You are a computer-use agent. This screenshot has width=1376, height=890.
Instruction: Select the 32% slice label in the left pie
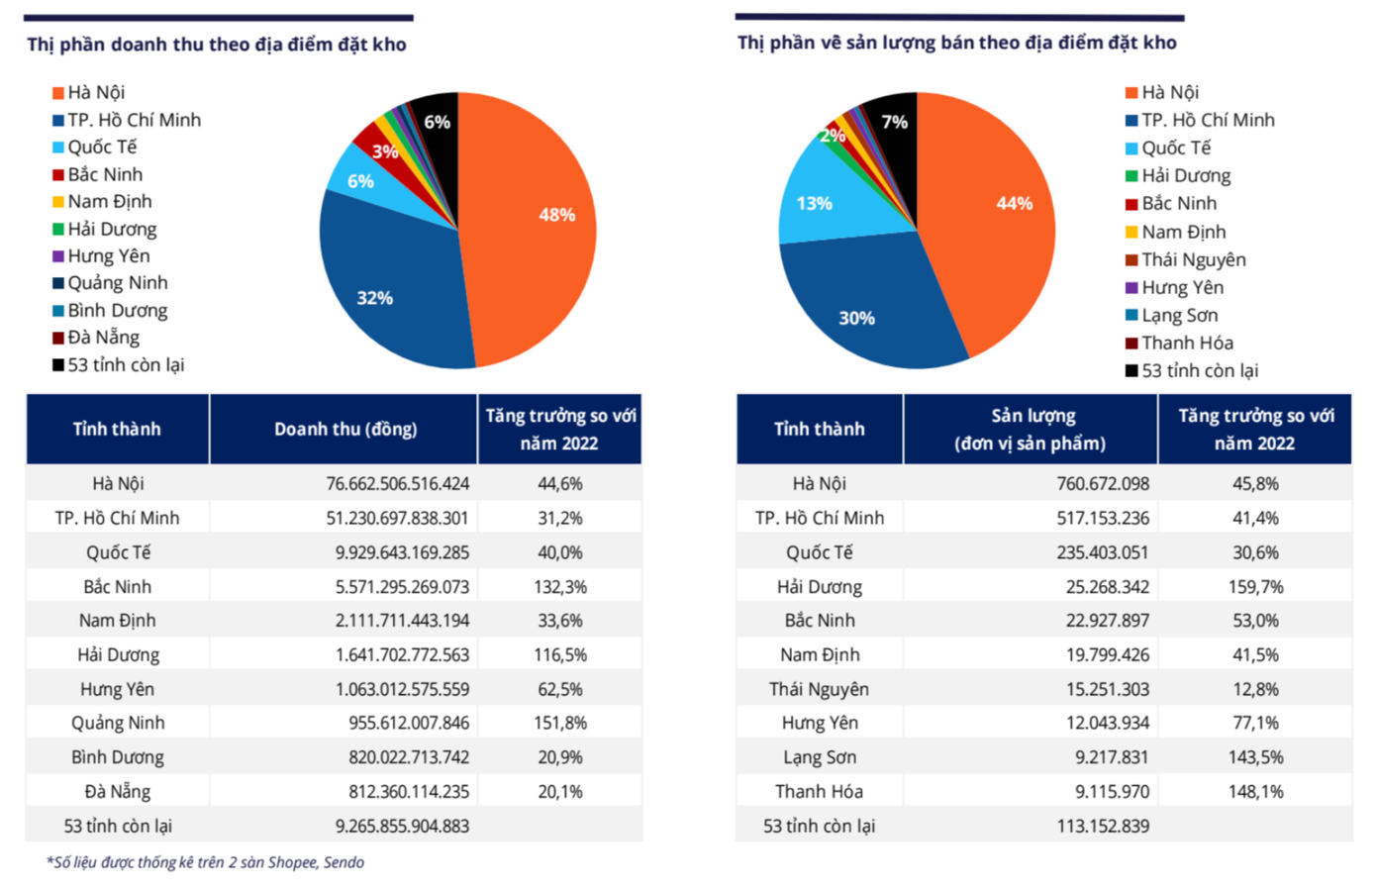375,298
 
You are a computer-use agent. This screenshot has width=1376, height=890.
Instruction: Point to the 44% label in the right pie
1015,203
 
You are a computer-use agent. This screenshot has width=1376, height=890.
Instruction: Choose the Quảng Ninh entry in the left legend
117,283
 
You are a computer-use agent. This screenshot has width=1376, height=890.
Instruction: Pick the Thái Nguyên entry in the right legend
1193,259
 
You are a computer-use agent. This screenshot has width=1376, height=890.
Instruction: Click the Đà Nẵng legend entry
103,338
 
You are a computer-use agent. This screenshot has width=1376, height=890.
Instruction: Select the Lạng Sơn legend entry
1179,315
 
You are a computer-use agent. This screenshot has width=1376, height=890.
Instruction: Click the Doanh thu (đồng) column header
344,429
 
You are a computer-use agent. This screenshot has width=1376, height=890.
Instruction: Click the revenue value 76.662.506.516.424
398,484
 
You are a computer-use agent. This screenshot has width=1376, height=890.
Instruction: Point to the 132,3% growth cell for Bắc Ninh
560,587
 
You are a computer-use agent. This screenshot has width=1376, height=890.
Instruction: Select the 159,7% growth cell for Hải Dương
1255,587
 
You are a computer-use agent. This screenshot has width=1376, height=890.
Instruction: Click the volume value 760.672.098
1103,484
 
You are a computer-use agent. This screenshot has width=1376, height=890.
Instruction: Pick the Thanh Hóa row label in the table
819,792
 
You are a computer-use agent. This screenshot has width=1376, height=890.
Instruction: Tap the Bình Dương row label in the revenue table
118,757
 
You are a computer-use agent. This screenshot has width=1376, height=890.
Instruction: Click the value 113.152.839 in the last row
1103,826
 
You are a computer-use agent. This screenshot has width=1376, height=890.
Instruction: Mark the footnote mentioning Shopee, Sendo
206,862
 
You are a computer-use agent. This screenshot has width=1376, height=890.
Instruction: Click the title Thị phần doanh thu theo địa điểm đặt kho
217,45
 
